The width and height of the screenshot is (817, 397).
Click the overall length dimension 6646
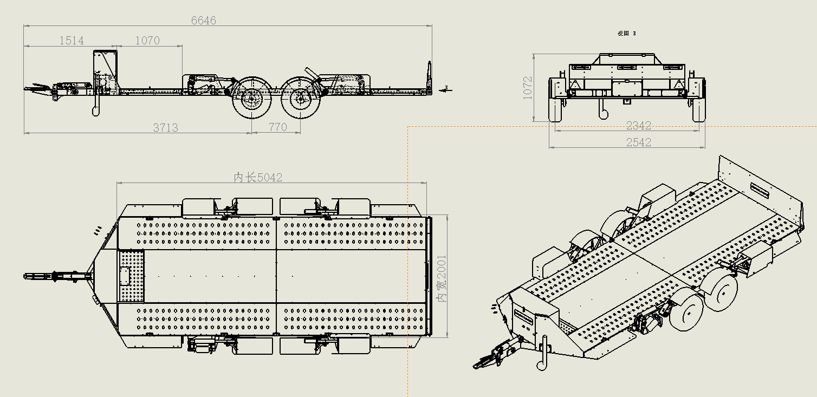click(204, 21)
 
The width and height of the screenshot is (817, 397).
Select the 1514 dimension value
click(72, 41)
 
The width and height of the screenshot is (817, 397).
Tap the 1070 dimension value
click(147, 41)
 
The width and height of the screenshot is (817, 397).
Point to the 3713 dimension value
click(166, 128)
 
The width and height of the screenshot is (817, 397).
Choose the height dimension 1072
click(528, 87)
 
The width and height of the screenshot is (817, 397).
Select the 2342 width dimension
click(638, 126)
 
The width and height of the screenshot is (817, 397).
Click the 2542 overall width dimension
click(638, 142)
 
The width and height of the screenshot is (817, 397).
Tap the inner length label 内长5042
click(258, 178)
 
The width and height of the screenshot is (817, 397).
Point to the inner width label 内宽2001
click(442, 279)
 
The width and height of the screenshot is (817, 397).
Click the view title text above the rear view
click(627, 34)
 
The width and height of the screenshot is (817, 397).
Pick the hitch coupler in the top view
click(41, 276)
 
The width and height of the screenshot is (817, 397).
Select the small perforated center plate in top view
click(132, 276)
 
